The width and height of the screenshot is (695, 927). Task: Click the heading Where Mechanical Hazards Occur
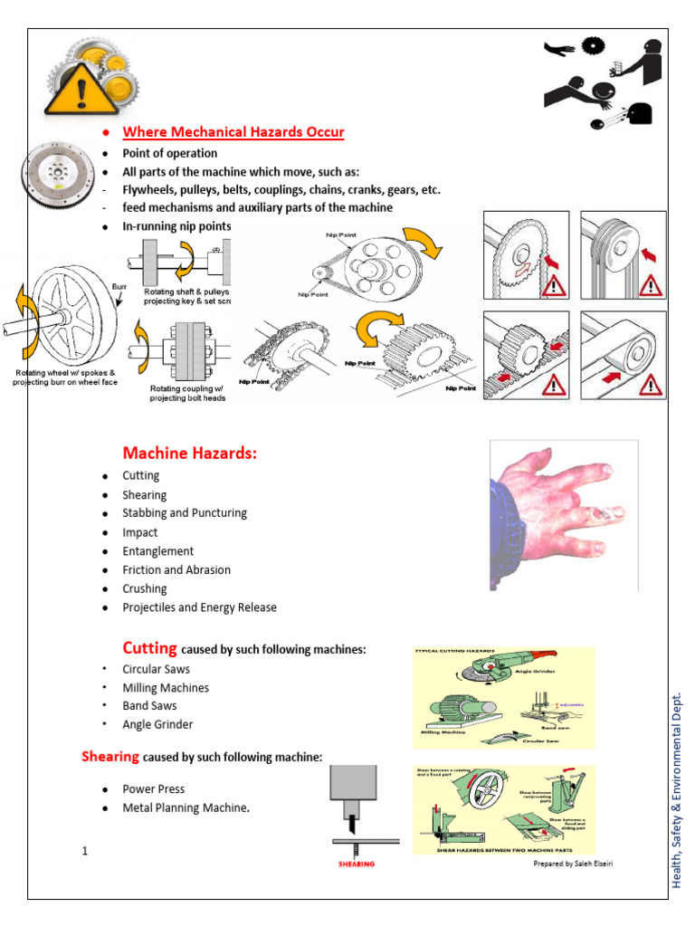(233, 133)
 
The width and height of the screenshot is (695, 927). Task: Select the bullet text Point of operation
(170, 153)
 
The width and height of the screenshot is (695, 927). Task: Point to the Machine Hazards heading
(190, 453)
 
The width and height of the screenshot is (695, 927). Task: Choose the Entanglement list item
(158, 550)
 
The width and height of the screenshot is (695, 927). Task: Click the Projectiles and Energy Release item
(200, 607)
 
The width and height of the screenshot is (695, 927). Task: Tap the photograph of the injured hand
(563, 514)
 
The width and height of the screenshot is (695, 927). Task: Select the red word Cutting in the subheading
(149, 647)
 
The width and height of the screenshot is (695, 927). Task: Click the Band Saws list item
(150, 705)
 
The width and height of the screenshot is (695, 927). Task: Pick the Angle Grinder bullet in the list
(157, 724)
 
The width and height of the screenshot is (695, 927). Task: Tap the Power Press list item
(154, 788)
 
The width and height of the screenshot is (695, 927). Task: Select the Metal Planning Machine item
(186, 808)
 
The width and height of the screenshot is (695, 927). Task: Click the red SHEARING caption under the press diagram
(351, 864)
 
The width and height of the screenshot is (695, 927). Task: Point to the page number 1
(84, 850)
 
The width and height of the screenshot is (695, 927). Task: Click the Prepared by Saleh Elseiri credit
(578, 863)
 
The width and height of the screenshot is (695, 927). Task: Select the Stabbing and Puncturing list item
(185, 512)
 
